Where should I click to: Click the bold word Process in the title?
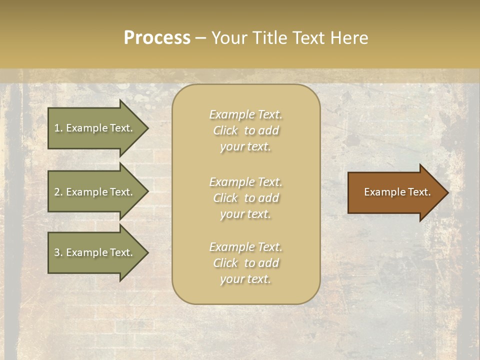[x=157, y=38]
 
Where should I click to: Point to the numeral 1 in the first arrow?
[x=57, y=128]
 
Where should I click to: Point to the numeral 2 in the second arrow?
[x=57, y=192]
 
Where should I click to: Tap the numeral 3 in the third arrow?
[x=57, y=252]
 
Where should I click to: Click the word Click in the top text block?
[x=225, y=130]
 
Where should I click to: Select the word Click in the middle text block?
[x=225, y=198]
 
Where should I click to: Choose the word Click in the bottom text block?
[x=225, y=263]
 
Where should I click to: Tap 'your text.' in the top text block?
[x=245, y=147]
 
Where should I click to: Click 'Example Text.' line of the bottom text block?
[x=245, y=247]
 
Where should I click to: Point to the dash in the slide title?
[x=200, y=38]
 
